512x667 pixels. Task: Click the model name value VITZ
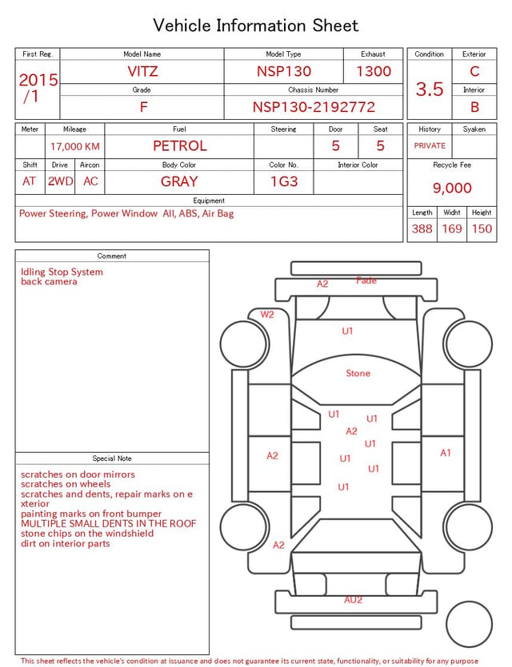pyautogui.click(x=142, y=71)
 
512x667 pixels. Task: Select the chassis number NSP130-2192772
pyautogui.click(x=314, y=107)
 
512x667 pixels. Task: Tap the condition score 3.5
pyautogui.click(x=430, y=89)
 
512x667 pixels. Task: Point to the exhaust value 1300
pyautogui.click(x=374, y=71)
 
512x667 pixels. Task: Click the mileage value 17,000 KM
pyautogui.click(x=75, y=147)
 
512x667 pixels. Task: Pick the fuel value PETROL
pyautogui.click(x=180, y=146)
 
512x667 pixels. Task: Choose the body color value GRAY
pyautogui.click(x=179, y=181)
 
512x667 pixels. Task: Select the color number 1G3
pyautogui.click(x=284, y=181)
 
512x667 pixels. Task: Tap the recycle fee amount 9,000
pyautogui.click(x=452, y=188)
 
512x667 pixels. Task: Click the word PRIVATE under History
pyautogui.click(x=430, y=145)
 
